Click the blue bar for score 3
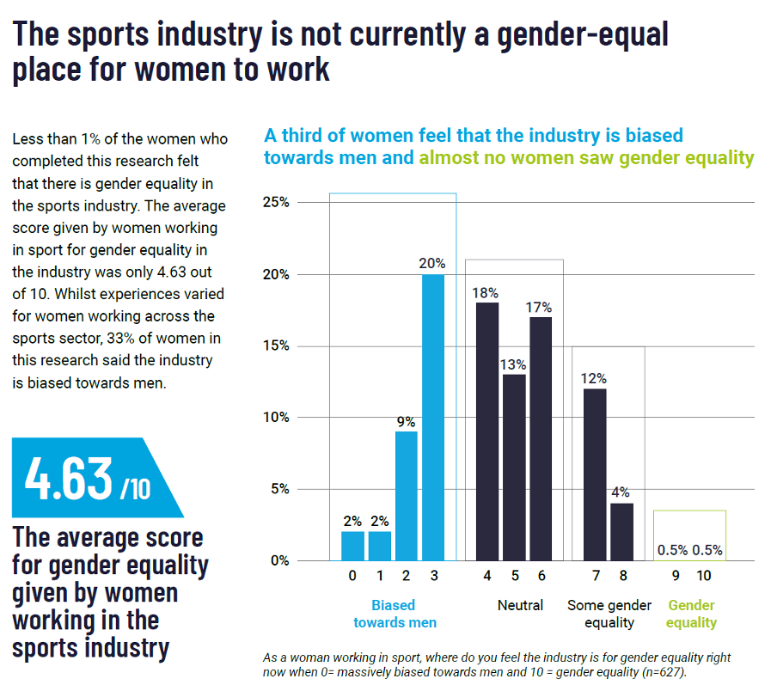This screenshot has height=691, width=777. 432,418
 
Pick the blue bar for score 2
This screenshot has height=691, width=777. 406,496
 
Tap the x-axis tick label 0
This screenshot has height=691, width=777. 352,576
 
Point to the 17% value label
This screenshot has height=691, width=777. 541,307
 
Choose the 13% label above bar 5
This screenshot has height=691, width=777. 514,364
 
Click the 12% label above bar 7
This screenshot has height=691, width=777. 593,378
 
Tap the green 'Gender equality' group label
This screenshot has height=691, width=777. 692,614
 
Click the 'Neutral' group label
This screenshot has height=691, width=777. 520,605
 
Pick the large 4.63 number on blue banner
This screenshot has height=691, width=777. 69,478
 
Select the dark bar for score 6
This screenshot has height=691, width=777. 541,438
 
